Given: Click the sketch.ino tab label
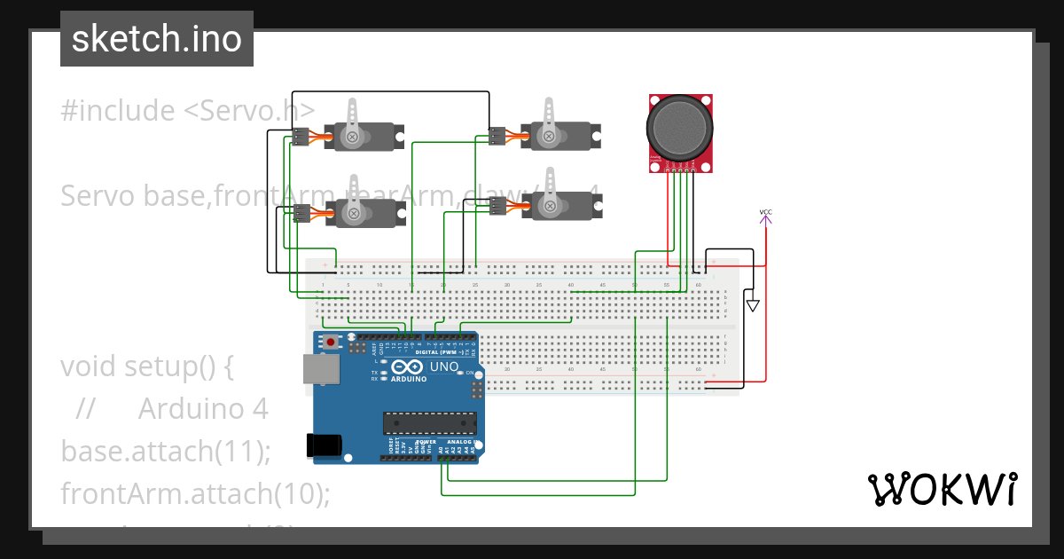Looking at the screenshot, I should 156,39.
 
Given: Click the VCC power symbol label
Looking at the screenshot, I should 765,212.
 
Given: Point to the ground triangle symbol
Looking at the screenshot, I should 753,305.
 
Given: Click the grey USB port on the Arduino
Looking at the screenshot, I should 321,369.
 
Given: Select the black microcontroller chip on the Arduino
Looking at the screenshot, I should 429,423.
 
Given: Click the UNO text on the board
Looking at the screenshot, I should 444,367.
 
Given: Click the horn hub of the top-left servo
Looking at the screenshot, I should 354,136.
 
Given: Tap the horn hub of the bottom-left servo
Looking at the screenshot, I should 354,213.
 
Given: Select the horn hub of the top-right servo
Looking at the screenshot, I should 550,136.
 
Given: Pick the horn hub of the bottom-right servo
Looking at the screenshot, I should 550,208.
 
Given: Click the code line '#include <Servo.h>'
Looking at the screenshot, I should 187,111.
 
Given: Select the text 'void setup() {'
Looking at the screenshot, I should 146,366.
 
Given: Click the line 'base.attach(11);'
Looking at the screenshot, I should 165,451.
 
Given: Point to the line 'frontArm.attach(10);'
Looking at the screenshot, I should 195,492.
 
